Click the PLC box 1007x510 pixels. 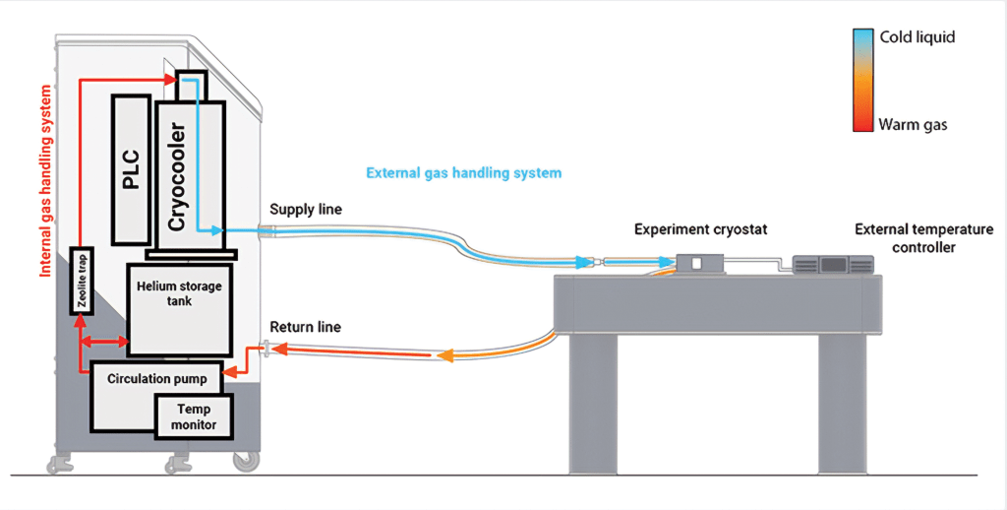click(132, 168)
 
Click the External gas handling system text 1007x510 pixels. click(463, 172)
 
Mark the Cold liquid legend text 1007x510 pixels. click(917, 36)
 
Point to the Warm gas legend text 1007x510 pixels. click(913, 125)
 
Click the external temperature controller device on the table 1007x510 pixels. click(834, 264)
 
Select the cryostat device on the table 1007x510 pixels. click(696, 263)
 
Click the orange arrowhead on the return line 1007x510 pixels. click(445, 355)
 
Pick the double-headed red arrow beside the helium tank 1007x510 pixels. click(104, 342)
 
